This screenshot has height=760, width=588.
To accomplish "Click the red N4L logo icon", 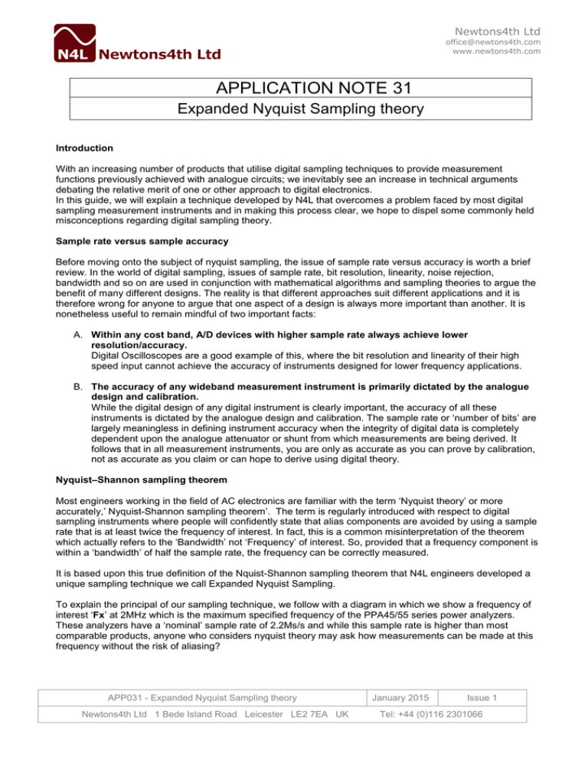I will coord(75,43).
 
